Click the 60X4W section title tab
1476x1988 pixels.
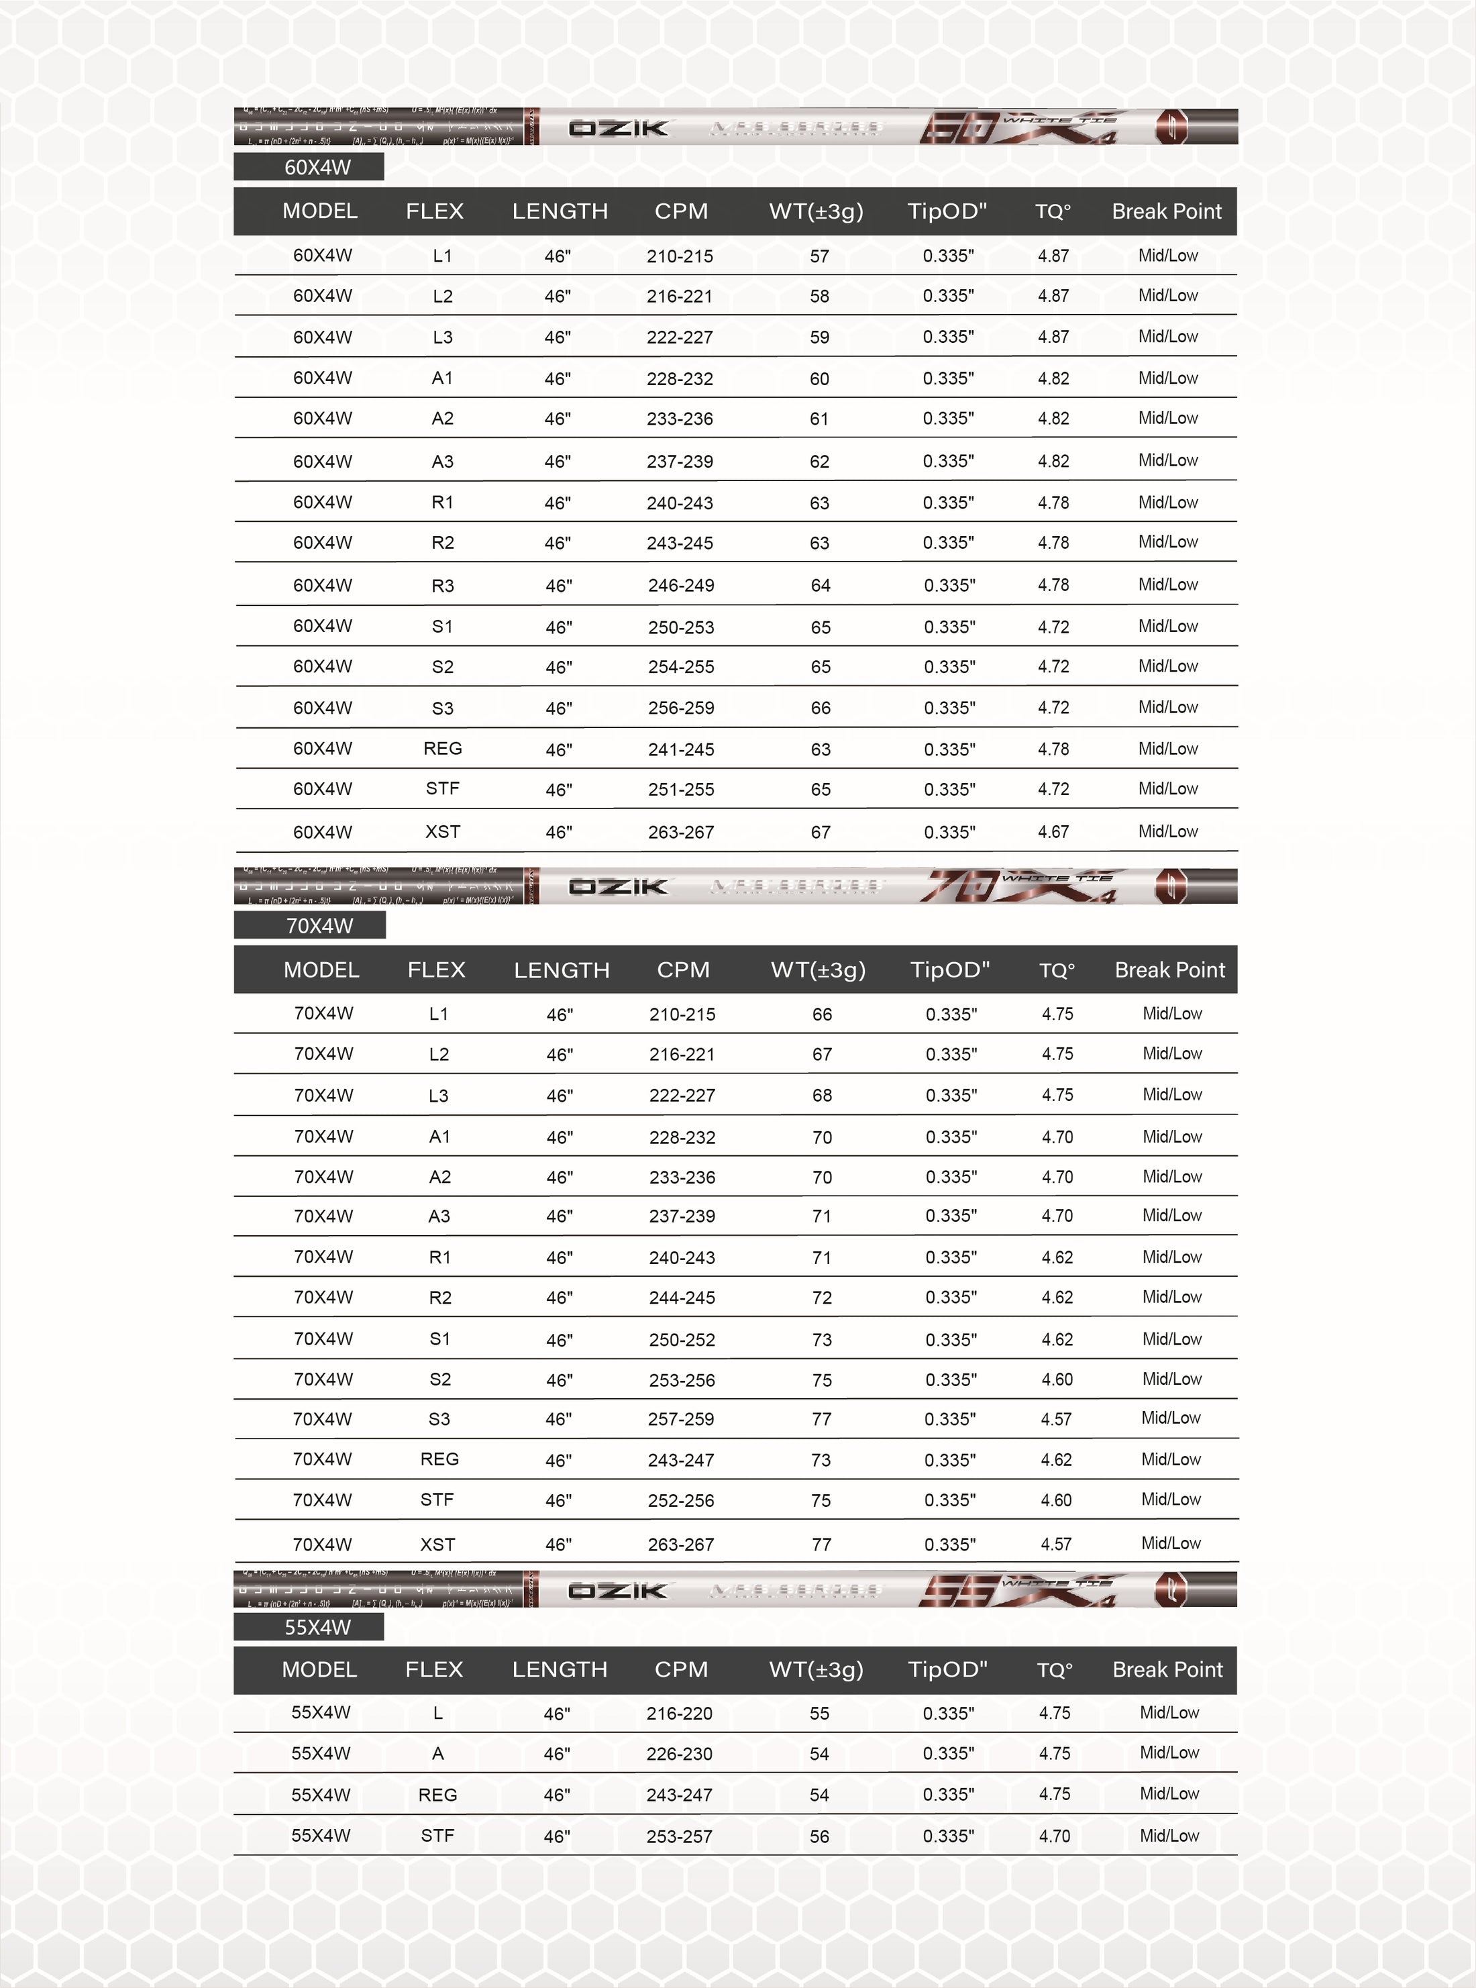point(309,167)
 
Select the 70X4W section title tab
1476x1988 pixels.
point(310,926)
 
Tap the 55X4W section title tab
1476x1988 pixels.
point(309,1627)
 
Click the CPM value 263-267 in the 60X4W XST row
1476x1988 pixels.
point(681,832)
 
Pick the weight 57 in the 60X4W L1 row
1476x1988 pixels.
point(819,256)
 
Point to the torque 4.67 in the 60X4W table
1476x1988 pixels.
point(1053,832)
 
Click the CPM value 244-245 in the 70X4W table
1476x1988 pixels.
point(682,1298)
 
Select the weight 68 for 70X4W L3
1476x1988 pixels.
point(822,1096)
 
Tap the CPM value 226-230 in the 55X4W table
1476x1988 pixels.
point(679,1754)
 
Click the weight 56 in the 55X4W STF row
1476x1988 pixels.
point(819,1836)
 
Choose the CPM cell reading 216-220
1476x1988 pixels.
point(679,1714)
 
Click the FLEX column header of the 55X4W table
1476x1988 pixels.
point(434,1669)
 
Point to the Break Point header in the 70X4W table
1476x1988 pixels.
point(1169,970)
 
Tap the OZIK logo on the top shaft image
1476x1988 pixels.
point(619,127)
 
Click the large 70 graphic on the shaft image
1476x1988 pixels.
point(959,886)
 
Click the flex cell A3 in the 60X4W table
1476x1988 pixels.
point(442,461)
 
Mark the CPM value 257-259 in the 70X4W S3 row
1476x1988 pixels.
point(681,1419)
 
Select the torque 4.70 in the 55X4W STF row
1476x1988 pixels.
point(1054,1836)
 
